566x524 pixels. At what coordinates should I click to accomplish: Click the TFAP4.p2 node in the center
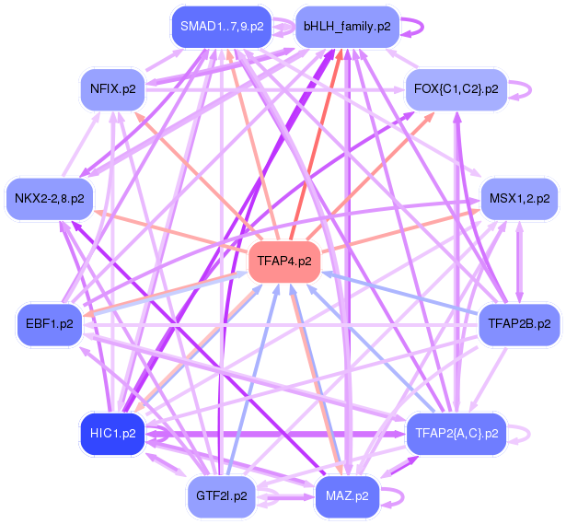click(x=284, y=262)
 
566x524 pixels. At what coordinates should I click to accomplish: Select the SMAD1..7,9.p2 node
click(x=222, y=27)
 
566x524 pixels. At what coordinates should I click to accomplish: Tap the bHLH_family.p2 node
click(x=346, y=27)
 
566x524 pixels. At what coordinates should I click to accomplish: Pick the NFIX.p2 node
click(x=113, y=89)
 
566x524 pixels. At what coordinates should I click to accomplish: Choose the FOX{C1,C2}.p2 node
click(x=456, y=89)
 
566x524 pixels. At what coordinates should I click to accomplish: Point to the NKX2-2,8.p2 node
click(x=49, y=198)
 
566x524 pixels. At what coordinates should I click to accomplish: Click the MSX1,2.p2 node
click(x=519, y=198)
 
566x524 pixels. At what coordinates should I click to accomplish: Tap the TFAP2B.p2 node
click(x=519, y=324)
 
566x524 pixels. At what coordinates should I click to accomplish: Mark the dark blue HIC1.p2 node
click(x=112, y=433)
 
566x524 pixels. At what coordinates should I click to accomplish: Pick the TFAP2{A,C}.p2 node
click(x=456, y=433)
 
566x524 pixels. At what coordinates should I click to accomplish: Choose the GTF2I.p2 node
click(x=221, y=495)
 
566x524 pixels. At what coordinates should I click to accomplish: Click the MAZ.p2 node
click(x=347, y=495)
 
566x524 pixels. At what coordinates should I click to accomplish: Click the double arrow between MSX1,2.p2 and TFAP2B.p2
click(x=519, y=262)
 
